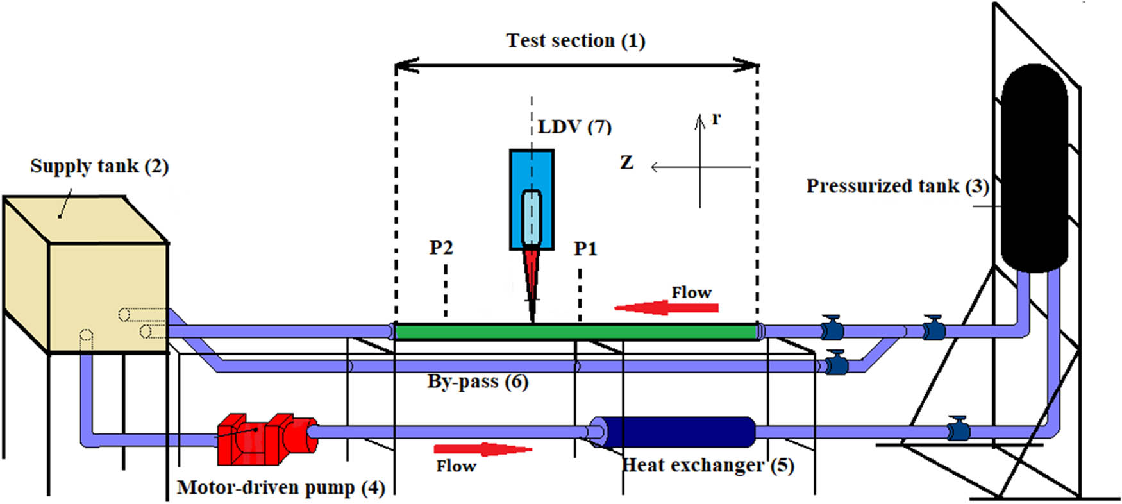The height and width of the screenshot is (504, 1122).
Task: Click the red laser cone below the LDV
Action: click(532, 276)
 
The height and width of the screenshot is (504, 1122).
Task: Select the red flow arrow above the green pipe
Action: click(667, 308)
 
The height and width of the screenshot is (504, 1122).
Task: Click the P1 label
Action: click(585, 248)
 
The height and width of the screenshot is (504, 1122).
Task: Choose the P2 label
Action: click(441, 248)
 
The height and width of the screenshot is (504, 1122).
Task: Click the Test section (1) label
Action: click(575, 40)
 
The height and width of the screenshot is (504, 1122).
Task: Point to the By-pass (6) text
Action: click(478, 382)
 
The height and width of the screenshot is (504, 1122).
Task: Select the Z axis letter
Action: click(626, 163)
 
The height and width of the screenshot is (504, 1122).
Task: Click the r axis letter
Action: click(716, 118)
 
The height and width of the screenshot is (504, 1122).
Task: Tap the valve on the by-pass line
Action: click(834, 363)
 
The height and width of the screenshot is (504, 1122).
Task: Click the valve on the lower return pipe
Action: click(957, 428)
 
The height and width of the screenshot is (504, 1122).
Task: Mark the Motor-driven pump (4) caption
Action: click(281, 488)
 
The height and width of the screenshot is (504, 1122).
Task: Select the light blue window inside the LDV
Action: click(532, 217)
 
